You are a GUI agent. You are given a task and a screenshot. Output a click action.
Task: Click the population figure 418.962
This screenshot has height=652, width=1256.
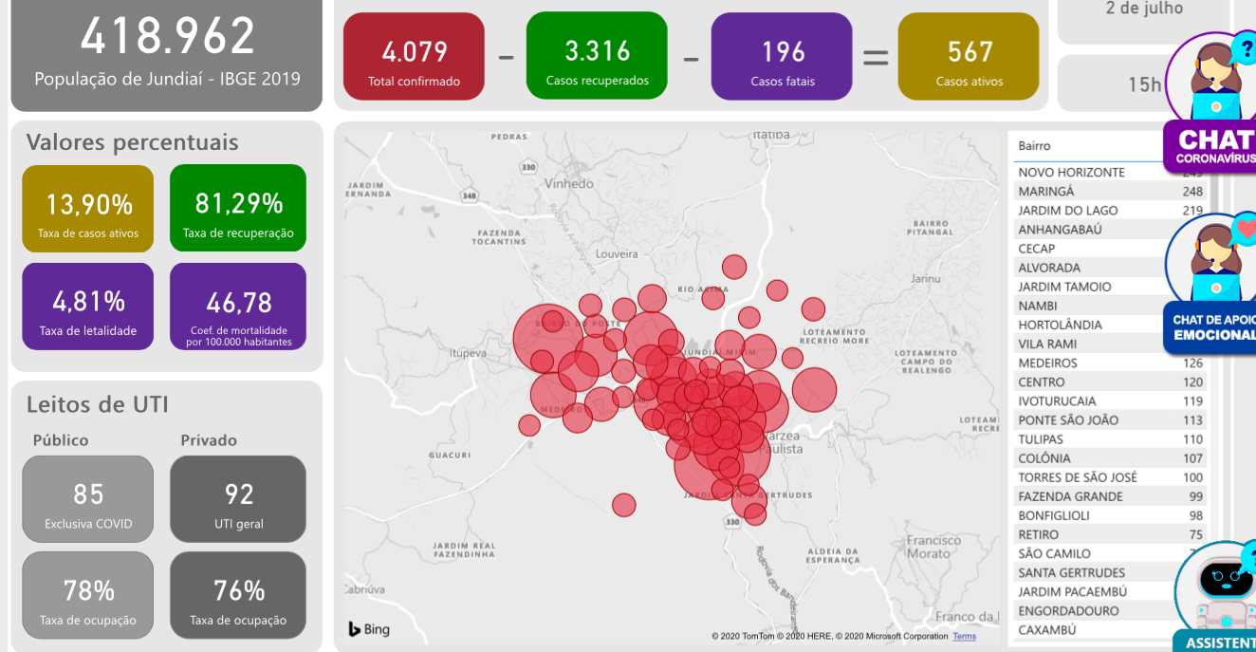167,37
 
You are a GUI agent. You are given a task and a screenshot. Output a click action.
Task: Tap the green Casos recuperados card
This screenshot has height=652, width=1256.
597,56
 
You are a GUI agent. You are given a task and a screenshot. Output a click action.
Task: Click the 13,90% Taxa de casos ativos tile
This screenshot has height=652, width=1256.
88,209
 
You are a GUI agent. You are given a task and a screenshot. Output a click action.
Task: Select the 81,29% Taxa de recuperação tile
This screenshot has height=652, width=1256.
238,209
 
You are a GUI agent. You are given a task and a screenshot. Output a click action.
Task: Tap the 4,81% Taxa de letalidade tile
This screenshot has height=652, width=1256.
88,307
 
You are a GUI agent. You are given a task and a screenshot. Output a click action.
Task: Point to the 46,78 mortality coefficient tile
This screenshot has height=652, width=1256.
238,307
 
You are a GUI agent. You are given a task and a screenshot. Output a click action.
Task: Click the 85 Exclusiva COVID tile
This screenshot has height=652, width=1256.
88,499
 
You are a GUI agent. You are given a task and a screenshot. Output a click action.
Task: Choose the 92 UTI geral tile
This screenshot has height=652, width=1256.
238,499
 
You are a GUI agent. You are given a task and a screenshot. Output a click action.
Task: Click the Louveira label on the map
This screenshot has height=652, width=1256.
618,254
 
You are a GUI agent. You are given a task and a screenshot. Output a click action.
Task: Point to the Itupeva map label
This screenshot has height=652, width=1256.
468,353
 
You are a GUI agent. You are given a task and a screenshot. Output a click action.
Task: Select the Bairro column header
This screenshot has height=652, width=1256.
1035,146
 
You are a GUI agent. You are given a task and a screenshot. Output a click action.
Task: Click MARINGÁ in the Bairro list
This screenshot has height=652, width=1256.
1046,192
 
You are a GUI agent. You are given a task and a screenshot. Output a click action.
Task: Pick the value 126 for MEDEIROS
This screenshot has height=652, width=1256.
1192,363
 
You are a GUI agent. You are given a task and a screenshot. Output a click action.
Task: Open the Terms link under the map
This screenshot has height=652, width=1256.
964,636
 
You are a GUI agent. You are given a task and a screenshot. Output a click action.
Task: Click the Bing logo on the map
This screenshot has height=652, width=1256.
369,629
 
